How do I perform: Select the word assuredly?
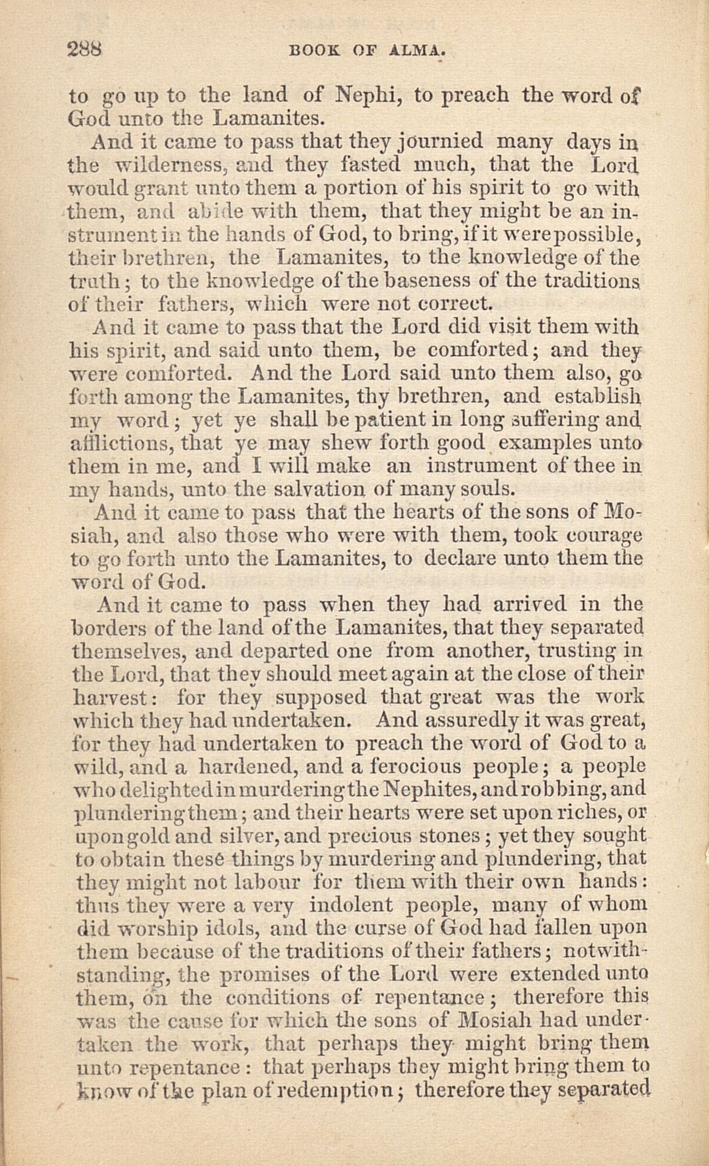471,721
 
